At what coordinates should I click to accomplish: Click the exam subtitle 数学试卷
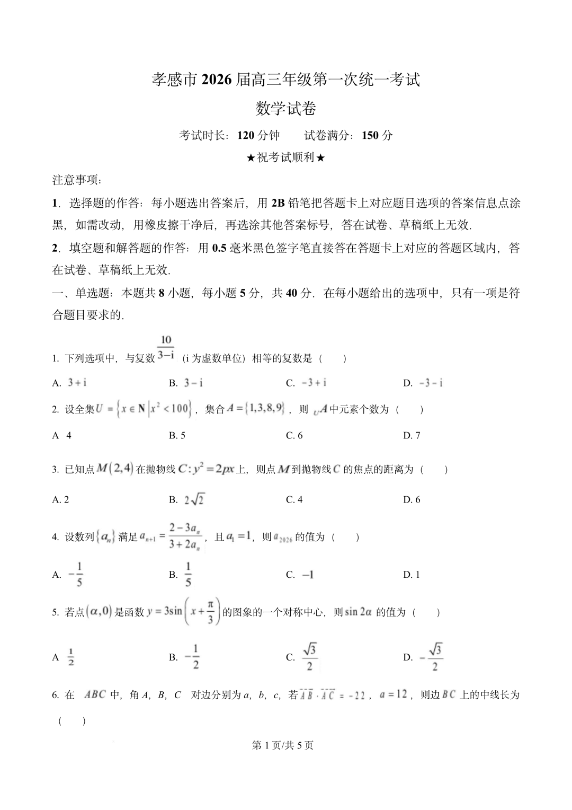pyautogui.click(x=285, y=109)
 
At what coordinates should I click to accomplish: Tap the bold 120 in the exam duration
pyautogui.click(x=246, y=135)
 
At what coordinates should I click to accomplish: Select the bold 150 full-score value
pyautogui.click(x=370, y=135)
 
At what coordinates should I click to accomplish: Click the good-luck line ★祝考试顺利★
pyautogui.click(x=285, y=157)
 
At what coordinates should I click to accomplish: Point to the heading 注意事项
pyautogui.click(x=77, y=180)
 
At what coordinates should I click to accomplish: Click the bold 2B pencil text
pyautogui.click(x=278, y=202)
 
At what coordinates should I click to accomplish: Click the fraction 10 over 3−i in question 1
pyautogui.click(x=166, y=348)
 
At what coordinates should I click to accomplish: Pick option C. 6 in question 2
pyautogui.click(x=294, y=435)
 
